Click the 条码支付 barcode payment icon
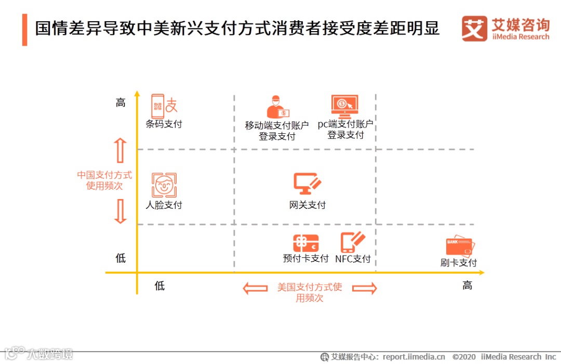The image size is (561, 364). pos(164,106)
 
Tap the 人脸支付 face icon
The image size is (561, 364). pos(164,185)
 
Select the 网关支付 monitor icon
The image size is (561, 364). pos(308,183)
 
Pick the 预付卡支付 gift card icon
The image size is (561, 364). pos(305,243)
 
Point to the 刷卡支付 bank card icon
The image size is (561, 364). pos(460,246)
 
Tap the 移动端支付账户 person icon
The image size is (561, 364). pos(277,107)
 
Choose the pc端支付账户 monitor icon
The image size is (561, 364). pos(345,106)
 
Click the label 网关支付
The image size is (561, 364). pos(308,205)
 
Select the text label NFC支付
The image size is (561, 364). pos(353,259)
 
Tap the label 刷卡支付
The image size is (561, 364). pos(459,263)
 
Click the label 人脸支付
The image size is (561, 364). pos(164,205)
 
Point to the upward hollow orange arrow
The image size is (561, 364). pos(120,150)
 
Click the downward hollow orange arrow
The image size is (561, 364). pos(120,212)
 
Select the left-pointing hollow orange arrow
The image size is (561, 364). pos(256,288)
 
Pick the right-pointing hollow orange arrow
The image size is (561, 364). pos(364,288)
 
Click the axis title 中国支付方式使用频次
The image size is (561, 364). pos(104,180)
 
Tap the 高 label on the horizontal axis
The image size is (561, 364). pos(468,285)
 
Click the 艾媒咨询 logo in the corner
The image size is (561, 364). pos(505,29)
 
